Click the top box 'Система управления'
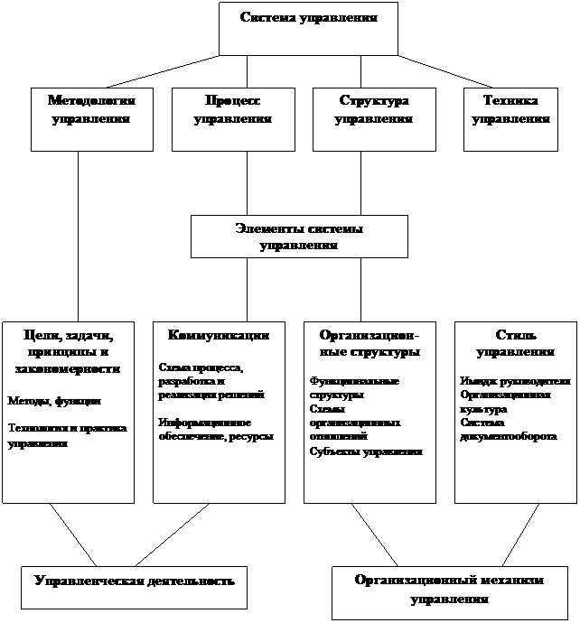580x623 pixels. (308, 28)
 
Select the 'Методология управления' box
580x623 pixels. (91, 118)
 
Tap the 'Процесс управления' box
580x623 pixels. (233, 118)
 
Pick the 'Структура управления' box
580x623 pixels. (374, 118)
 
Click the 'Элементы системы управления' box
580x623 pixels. (299, 236)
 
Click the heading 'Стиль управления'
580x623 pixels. (514, 343)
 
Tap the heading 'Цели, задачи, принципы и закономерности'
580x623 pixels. (69, 351)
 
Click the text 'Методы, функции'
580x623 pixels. (54, 400)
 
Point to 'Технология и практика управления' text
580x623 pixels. (67, 435)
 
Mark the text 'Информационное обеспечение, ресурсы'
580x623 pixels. (215, 430)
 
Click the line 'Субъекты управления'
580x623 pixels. (366, 451)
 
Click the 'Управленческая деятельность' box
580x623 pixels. (134, 581)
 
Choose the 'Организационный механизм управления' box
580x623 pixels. (450, 590)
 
